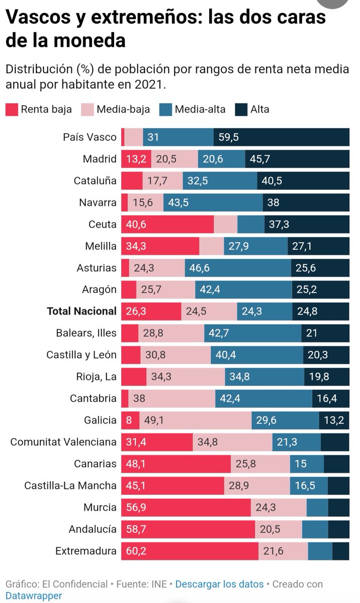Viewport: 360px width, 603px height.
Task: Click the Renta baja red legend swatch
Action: [x=12, y=109]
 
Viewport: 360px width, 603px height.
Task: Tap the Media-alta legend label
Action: [x=200, y=109]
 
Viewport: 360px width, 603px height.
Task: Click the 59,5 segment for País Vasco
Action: [x=281, y=137]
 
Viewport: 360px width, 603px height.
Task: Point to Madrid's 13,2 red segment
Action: [x=136, y=159]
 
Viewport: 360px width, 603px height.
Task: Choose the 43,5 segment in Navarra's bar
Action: [x=213, y=203]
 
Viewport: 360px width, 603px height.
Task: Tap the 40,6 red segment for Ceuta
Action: [x=167, y=224]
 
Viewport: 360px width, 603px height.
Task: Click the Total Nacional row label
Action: [x=81, y=311]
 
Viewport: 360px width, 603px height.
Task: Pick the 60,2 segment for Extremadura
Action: [x=190, y=551]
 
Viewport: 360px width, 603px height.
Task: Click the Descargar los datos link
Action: [x=219, y=584]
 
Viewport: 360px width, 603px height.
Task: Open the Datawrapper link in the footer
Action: [x=34, y=595]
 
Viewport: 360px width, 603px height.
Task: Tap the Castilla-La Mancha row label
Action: [x=70, y=485]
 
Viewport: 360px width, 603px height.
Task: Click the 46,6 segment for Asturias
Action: [x=237, y=268]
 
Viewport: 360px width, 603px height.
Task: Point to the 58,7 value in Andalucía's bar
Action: [x=136, y=529]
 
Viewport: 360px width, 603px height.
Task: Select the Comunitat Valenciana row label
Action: [x=63, y=442]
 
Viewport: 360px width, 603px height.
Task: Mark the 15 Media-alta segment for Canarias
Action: [x=306, y=464]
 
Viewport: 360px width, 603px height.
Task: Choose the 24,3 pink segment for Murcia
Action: [x=279, y=508]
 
